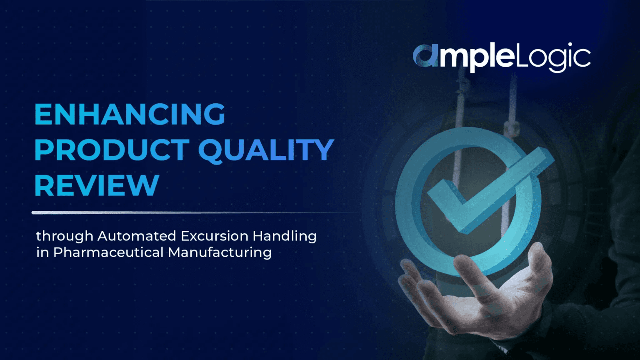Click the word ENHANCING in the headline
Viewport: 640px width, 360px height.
click(130, 114)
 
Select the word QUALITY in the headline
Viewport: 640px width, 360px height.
click(266, 150)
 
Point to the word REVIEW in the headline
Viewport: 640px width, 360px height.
click(97, 185)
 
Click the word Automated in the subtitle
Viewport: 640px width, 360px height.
click(137, 236)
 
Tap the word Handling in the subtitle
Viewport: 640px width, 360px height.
click(285, 236)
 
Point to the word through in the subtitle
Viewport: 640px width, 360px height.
click(65, 236)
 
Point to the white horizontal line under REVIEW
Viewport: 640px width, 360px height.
click(167, 212)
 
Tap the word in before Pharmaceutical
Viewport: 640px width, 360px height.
click(42, 252)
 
